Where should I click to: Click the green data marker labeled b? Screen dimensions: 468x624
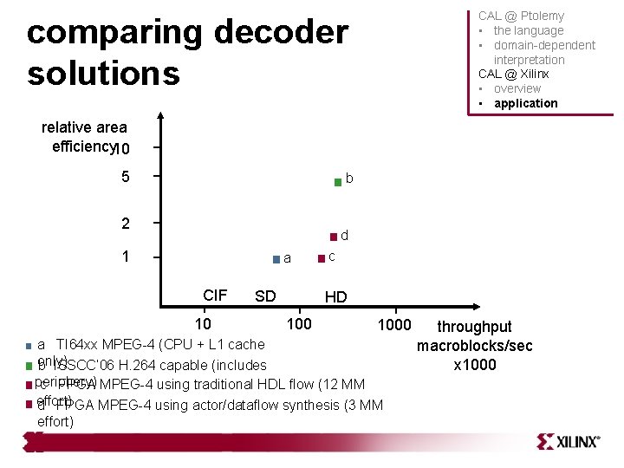(x=338, y=182)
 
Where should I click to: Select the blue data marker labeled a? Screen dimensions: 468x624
(x=276, y=259)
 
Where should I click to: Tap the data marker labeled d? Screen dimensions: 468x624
(x=333, y=237)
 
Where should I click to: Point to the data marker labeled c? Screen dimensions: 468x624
(x=322, y=257)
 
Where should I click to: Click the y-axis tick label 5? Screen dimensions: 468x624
(x=126, y=177)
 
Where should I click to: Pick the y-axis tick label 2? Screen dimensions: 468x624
(x=126, y=224)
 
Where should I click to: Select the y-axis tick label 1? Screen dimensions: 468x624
(x=126, y=257)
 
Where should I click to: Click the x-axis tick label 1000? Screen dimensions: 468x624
(x=394, y=324)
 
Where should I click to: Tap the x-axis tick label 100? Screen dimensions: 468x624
(x=299, y=324)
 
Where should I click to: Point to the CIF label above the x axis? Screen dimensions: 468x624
(x=214, y=296)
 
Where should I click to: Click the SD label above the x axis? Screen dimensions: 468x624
(x=265, y=296)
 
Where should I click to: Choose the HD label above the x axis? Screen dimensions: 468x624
(x=335, y=297)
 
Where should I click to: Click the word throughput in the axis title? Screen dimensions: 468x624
(x=474, y=327)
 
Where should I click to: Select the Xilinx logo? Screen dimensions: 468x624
(x=568, y=441)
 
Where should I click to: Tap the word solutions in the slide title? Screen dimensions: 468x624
(x=103, y=73)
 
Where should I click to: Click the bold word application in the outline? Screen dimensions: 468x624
(x=525, y=103)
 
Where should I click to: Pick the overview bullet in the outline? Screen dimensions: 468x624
(x=517, y=88)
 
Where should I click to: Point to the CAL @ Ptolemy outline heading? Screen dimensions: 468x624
(x=521, y=16)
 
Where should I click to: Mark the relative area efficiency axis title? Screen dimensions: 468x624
(x=84, y=137)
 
